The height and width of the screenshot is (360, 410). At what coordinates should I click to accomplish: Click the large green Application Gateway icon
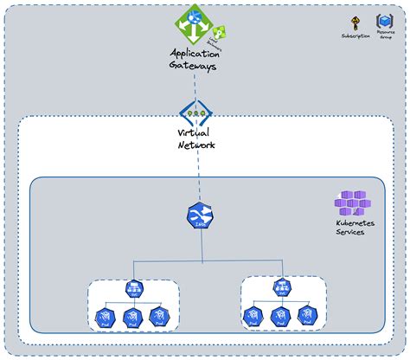(x=194, y=22)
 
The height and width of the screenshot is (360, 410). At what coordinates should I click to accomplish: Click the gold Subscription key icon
(x=355, y=22)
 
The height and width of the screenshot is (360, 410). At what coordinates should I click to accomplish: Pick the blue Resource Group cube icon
(x=384, y=21)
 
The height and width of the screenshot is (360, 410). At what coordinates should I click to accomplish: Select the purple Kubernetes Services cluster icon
(x=352, y=203)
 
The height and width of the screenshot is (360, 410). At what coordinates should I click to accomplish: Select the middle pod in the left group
(x=134, y=318)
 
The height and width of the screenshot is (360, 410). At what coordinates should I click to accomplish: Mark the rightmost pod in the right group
(x=306, y=317)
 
